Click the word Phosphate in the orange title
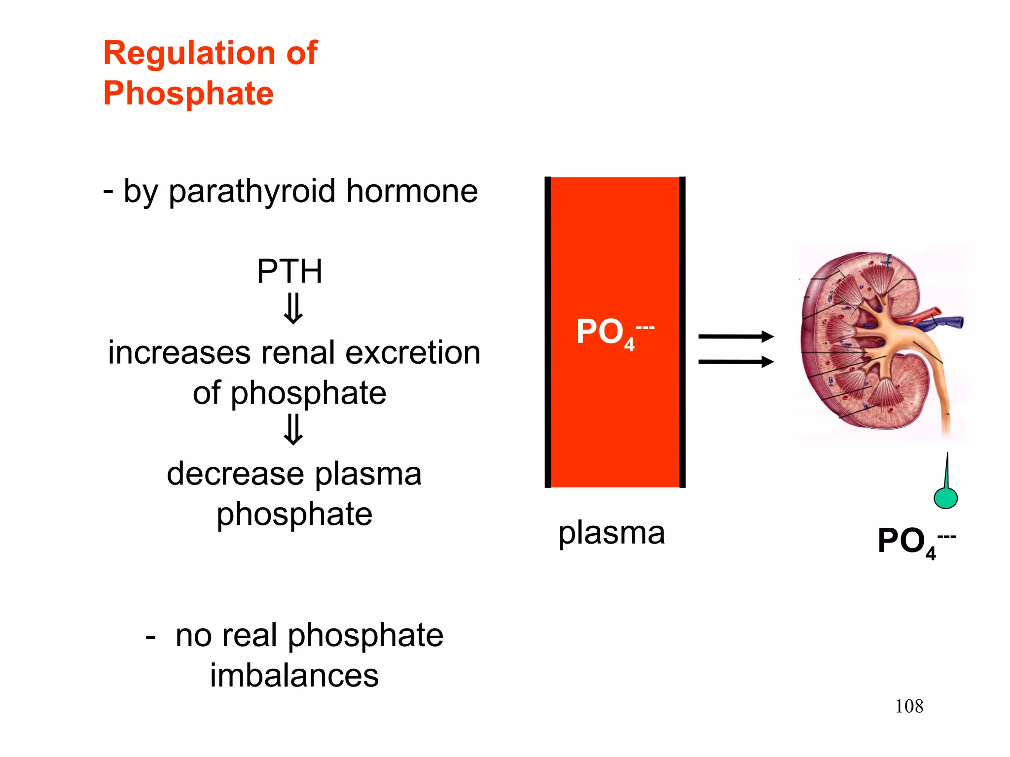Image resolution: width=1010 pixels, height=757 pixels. coord(188,94)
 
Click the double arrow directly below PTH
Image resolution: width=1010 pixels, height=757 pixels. coord(293,309)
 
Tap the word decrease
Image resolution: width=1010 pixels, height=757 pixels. coord(235,474)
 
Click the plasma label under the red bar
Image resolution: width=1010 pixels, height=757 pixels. coord(612,533)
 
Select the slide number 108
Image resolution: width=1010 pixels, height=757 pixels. coord(909,706)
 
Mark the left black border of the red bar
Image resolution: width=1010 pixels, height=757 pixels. coord(547,332)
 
